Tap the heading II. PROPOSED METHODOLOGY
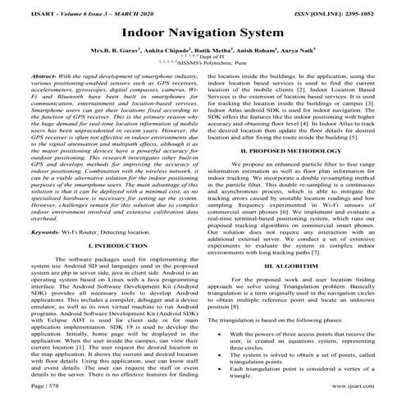(298, 152)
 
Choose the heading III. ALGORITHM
(298, 267)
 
